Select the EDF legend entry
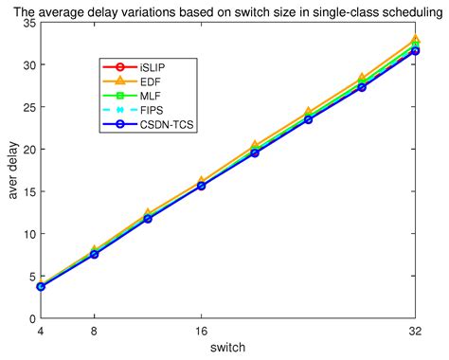151,82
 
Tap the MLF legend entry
151,97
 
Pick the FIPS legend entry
152,110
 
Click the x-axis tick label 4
40,331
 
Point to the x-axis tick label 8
94,331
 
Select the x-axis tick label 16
201,331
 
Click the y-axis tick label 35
27,23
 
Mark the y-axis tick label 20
27,149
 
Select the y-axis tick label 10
27,233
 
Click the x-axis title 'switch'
227,348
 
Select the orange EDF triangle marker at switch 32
415,41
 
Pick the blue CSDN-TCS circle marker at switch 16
201,186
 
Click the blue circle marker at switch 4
41,286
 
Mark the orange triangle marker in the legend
118,82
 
